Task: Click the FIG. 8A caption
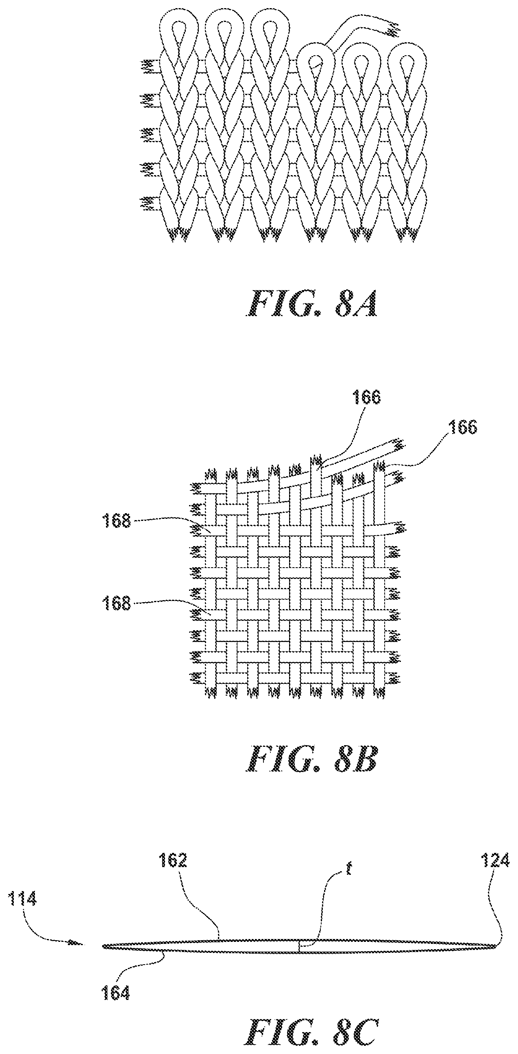tap(311, 304)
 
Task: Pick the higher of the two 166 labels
tap(365, 397)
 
